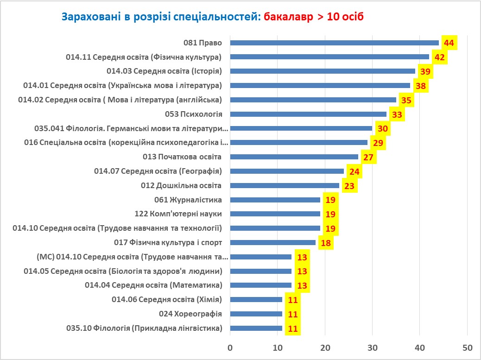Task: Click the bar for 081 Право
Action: [334, 43]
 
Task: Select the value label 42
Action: [439, 57]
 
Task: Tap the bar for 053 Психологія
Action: [308, 114]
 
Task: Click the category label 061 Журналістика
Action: [188, 200]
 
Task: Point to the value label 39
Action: [425, 71]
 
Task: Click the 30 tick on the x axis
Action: [372, 348]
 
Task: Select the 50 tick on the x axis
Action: [467, 348]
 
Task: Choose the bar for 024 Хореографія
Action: [256, 314]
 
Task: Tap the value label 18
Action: [325, 243]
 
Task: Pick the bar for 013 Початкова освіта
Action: [294, 157]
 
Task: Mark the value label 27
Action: [368, 157]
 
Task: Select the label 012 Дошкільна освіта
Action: [181, 185]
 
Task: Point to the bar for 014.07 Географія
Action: [287, 171]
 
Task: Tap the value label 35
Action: [406, 100]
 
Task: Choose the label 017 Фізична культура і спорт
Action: [168, 242]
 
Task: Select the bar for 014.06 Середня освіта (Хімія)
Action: [256, 299]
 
